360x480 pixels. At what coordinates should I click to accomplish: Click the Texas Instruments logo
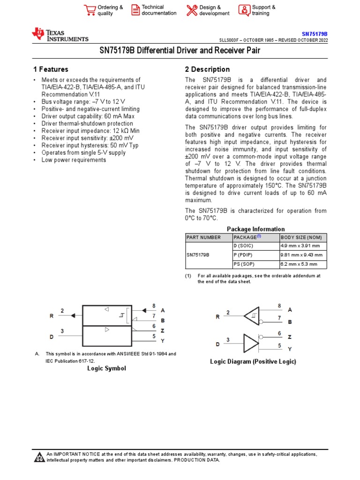pyautogui.click(x=60, y=35)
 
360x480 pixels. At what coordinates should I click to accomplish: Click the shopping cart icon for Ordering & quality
pyautogui.click(x=90, y=10)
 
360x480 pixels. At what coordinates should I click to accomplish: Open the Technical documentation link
pyautogui.click(x=159, y=10)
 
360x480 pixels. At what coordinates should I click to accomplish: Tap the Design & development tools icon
pyautogui.click(x=192, y=10)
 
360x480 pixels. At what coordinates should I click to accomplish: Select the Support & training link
pyautogui.click(x=263, y=10)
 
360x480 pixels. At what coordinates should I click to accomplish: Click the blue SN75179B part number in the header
pyautogui.click(x=314, y=34)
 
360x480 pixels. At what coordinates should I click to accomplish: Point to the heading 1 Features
pyautogui.click(x=50, y=69)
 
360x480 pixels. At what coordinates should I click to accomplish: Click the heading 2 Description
pyautogui.click(x=207, y=69)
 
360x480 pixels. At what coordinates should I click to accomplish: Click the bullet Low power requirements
pyautogui.click(x=74, y=160)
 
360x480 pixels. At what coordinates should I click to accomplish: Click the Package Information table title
pyautogui.click(x=255, y=229)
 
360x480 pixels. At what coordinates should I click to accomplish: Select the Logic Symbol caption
pyautogui.click(x=106, y=368)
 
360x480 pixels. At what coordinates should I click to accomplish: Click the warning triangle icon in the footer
pyautogui.click(x=39, y=457)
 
